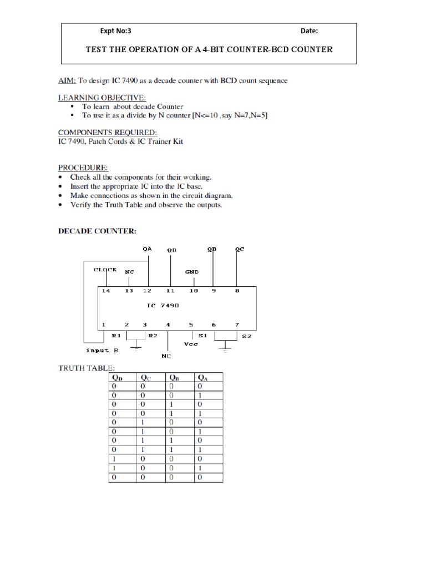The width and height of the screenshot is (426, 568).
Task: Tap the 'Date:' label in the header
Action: coord(309,31)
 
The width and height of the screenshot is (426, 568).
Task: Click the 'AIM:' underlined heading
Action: coord(68,80)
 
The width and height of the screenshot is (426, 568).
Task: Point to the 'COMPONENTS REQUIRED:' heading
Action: coord(108,133)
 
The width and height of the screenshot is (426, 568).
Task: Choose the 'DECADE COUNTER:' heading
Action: coord(97,231)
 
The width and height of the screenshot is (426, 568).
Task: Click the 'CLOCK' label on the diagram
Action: coord(105,270)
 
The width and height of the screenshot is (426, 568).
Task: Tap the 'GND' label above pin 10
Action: coord(192,272)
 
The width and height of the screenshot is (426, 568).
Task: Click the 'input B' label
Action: coord(102,350)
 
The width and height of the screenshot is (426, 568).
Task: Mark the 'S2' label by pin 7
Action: coord(246,336)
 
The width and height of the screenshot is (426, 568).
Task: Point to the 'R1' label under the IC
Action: coord(116,336)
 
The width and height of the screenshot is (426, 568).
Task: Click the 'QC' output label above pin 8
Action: coord(240,250)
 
